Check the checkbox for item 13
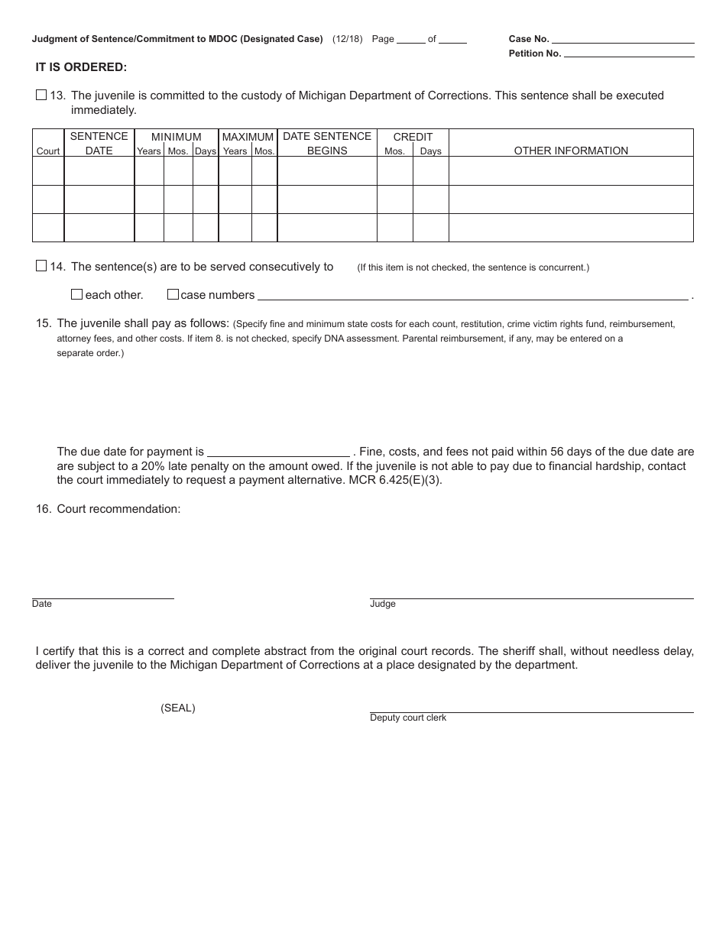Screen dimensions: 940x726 point(41,96)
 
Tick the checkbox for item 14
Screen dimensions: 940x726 point(41,266)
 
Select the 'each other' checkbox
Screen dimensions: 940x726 point(76,294)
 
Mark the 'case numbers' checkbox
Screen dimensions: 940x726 point(173,294)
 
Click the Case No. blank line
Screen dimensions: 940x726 point(623,38)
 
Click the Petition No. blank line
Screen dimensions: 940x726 point(629,53)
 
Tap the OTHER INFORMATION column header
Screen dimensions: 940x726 point(571,151)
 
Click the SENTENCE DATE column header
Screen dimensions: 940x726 point(99,143)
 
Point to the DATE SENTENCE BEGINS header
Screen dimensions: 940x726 point(327,143)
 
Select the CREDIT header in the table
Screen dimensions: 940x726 point(413,137)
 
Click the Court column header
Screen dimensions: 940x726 point(48,151)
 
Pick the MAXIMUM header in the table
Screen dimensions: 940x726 point(248,137)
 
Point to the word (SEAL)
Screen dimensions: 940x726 point(178,708)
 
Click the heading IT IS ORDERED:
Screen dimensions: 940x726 point(81,67)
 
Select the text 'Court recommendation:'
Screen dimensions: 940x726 point(118,509)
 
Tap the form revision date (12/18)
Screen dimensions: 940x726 point(348,39)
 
